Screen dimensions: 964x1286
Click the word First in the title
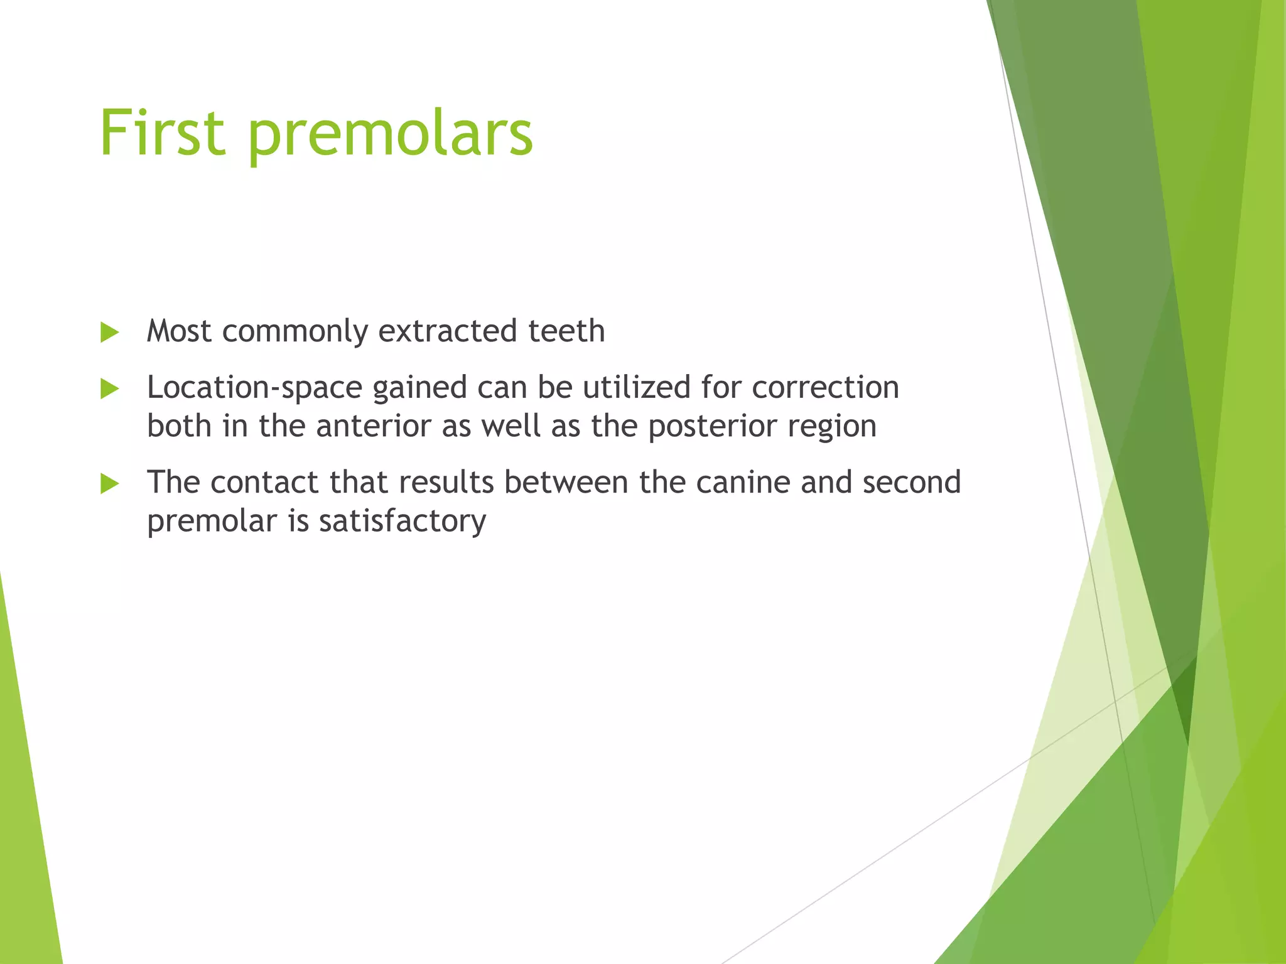(x=162, y=133)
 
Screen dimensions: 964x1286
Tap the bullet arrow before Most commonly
(x=109, y=333)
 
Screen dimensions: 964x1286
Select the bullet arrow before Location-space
(x=109, y=389)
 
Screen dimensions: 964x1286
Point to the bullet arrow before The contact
(x=109, y=484)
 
